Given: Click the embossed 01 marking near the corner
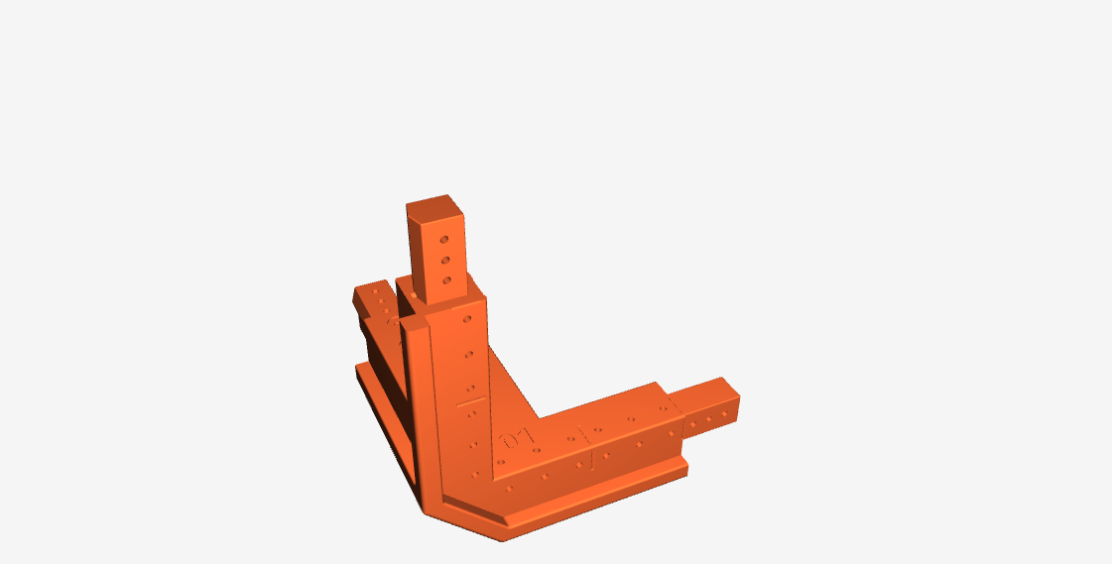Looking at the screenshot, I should [514, 438].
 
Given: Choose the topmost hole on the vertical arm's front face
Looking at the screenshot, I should [464, 319].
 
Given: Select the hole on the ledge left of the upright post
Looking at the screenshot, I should [411, 295].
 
